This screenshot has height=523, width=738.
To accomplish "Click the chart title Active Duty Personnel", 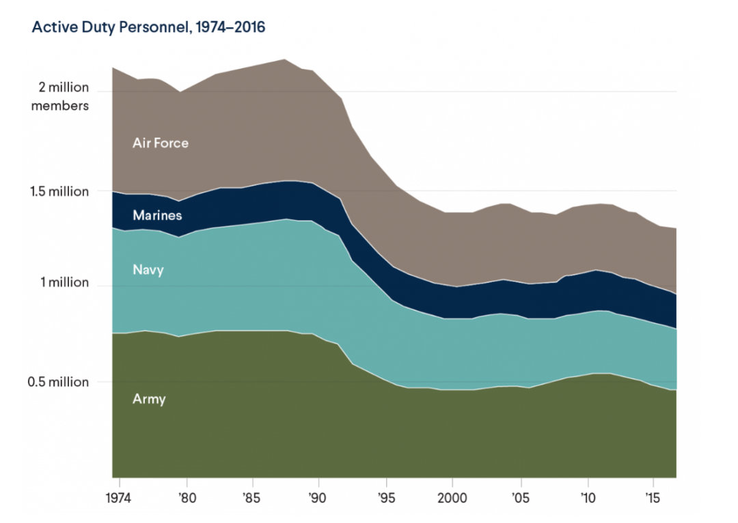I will [149, 28].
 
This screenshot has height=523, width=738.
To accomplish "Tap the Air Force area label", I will [160, 143].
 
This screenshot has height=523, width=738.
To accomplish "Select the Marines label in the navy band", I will [157, 216].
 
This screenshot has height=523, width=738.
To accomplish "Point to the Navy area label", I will [148, 270].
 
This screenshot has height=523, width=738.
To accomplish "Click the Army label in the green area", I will [149, 399].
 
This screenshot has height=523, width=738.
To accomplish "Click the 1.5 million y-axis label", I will [59, 192].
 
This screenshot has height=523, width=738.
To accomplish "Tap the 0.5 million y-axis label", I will [59, 382].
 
